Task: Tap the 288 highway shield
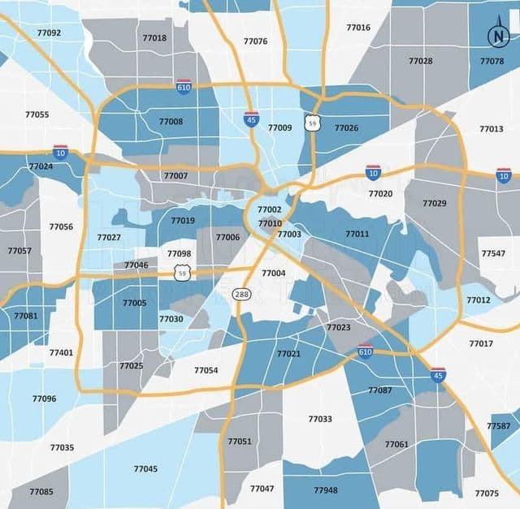(x=241, y=294)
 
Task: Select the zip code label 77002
(x=270, y=209)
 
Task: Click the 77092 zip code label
(x=49, y=33)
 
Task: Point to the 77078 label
(x=492, y=62)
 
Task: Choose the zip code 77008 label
(x=171, y=122)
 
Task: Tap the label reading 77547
(x=492, y=253)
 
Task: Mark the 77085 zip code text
(x=41, y=492)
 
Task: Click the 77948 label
(x=325, y=490)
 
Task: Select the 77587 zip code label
(x=499, y=426)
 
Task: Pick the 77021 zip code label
(x=288, y=354)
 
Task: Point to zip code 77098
(x=180, y=254)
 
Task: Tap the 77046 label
(x=136, y=265)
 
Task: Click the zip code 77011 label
(x=357, y=234)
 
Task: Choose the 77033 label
(x=320, y=419)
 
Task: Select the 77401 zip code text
(x=61, y=352)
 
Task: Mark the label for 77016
(x=358, y=28)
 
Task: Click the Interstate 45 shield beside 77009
(x=252, y=119)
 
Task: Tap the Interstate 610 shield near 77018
(x=184, y=86)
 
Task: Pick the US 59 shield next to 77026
(x=312, y=123)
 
